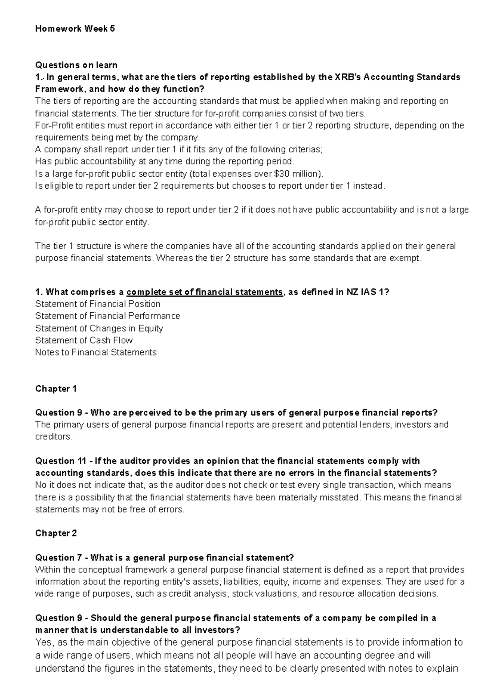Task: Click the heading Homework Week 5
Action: [75, 29]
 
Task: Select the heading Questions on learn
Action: [76, 65]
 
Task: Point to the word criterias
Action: [306, 149]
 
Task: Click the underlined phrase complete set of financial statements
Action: [205, 292]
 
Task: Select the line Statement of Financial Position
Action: [98, 304]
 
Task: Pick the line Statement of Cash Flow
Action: [84, 340]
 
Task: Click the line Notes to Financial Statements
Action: [96, 352]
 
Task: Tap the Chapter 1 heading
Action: [56, 389]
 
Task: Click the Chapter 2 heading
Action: [56, 533]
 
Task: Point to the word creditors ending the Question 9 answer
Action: [53, 437]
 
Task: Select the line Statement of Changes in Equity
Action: [99, 328]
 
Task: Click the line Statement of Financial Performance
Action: [107, 316]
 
